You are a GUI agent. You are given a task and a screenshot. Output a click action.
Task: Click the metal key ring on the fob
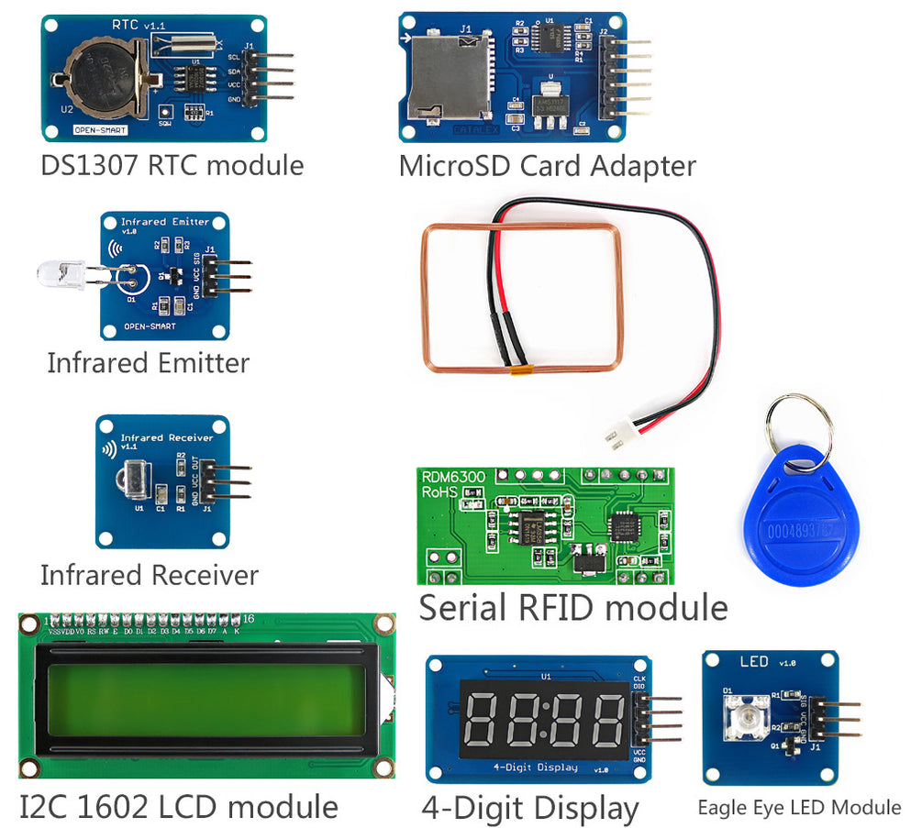pyautogui.click(x=800, y=425)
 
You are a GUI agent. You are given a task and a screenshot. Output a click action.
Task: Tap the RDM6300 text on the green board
pyautogui.click(x=452, y=476)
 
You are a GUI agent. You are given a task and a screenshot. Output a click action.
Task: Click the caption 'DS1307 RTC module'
pyautogui.click(x=172, y=166)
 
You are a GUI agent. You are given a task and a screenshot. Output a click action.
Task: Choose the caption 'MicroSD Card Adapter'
pyautogui.click(x=547, y=166)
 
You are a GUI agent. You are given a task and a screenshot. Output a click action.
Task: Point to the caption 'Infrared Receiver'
pyautogui.click(x=150, y=575)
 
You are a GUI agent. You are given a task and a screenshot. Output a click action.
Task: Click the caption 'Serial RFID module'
pyautogui.click(x=573, y=607)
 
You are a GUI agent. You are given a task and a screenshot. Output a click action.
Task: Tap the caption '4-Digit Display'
pyautogui.click(x=530, y=809)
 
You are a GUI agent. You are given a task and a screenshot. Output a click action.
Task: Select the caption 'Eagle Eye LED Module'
pyautogui.click(x=799, y=807)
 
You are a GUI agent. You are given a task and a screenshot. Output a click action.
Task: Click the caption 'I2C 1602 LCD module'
pyautogui.click(x=179, y=807)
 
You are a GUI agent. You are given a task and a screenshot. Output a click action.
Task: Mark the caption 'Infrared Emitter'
pyautogui.click(x=148, y=363)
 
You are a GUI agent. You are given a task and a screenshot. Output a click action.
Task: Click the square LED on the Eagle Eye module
pyautogui.click(x=747, y=713)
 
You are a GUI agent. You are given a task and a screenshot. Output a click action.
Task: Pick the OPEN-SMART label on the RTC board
pyautogui.click(x=100, y=130)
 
